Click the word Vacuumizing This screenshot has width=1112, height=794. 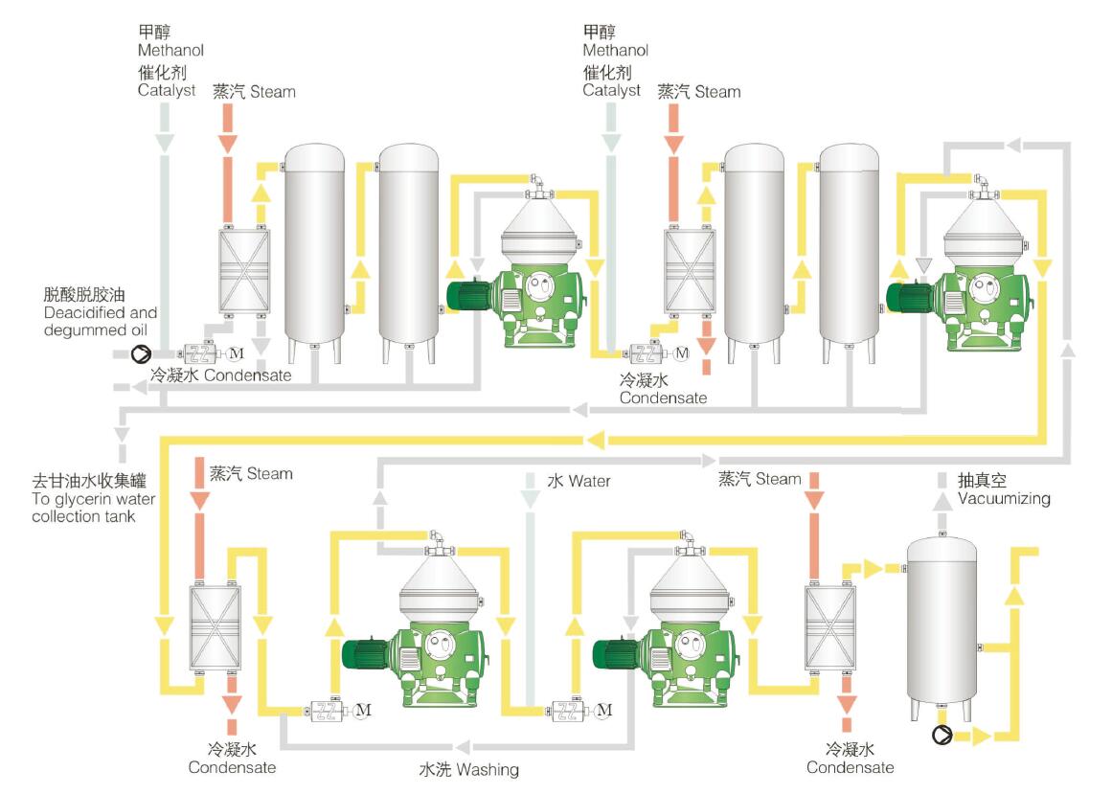[1004, 499]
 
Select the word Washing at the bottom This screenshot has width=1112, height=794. [488, 769]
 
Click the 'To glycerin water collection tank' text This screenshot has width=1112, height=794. [93, 499]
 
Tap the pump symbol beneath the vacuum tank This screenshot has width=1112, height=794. [942, 736]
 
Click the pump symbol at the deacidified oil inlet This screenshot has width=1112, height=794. [141, 354]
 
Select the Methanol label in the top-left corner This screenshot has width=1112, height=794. [170, 50]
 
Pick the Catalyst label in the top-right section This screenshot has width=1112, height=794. [611, 90]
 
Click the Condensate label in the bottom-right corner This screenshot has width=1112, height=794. [850, 767]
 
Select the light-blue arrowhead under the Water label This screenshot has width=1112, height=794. [529, 499]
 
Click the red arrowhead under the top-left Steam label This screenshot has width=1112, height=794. [228, 145]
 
